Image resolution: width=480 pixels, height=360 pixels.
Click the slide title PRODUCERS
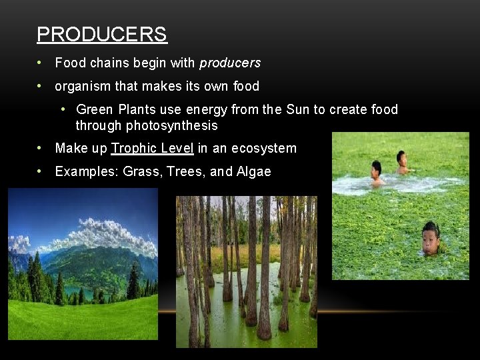[101, 34]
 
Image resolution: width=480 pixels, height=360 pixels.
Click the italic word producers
[230, 63]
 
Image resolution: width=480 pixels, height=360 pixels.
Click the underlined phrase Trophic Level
[153, 149]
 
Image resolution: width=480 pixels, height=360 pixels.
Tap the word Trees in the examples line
[185, 172]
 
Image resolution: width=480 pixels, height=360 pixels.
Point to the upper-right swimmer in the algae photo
[401, 161]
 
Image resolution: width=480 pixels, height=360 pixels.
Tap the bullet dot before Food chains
[41, 63]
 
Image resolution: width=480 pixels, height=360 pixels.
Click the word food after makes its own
[246, 87]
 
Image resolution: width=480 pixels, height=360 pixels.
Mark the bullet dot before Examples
[41, 172]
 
